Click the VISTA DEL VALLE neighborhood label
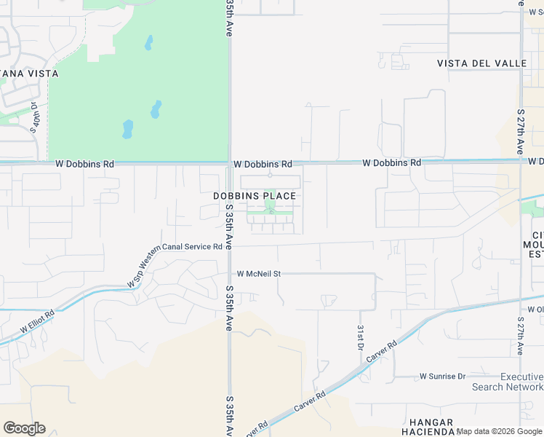(x=481, y=63)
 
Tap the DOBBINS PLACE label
(x=255, y=196)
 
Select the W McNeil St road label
(x=258, y=274)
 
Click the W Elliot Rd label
(x=37, y=323)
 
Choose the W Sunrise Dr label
(x=442, y=376)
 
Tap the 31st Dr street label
(x=359, y=338)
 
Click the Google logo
(x=24, y=428)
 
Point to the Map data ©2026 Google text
(x=500, y=432)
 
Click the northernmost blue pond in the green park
(x=148, y=43)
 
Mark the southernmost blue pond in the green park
(x=128, y=130)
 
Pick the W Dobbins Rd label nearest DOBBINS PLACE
(x=263, y=165)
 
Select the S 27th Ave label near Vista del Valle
(x=521, y=131)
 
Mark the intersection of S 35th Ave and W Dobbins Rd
(x=229, y=163)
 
